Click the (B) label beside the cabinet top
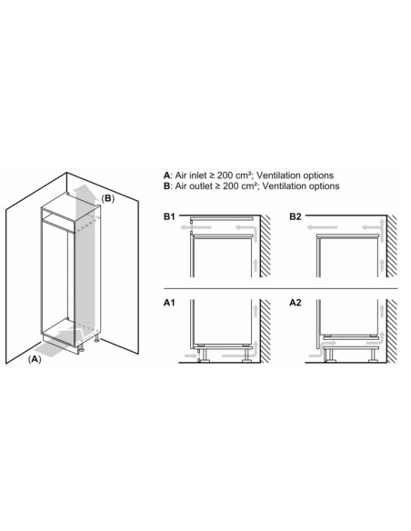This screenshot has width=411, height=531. [x=107, y=197]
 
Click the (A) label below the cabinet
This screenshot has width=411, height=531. [x=35, y=360]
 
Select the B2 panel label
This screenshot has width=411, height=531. [x=296, y=217]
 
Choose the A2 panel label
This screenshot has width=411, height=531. [x=296, y=301]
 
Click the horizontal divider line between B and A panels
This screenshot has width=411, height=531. [x=282, y=289]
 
